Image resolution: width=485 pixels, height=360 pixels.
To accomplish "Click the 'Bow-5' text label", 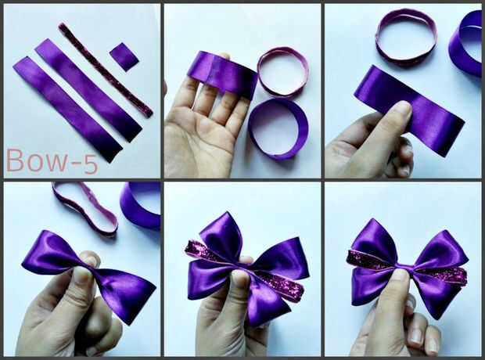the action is [52, 161].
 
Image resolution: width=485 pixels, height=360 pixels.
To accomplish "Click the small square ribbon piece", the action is [124, 57].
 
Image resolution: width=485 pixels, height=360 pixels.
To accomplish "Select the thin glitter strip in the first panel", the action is [106, 70].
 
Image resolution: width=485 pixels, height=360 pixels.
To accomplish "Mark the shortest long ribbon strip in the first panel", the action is [88, 90].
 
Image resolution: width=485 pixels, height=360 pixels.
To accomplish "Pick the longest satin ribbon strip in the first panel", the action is [67, 109].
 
